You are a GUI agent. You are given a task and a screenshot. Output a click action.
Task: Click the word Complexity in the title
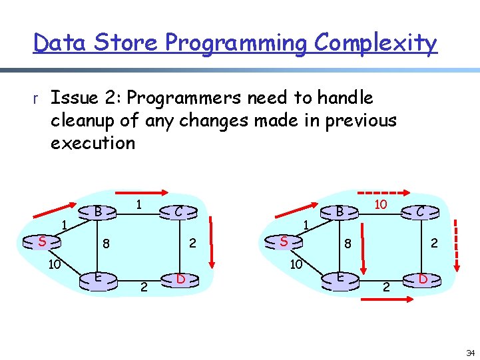coord(375,43)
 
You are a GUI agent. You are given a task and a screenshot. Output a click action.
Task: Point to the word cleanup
coord(83,120)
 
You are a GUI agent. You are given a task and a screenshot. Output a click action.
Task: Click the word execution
coord(93,143)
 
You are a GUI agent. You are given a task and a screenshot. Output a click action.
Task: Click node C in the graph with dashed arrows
coord(421,212)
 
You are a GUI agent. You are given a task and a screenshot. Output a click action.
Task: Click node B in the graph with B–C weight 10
coord(339,212)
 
